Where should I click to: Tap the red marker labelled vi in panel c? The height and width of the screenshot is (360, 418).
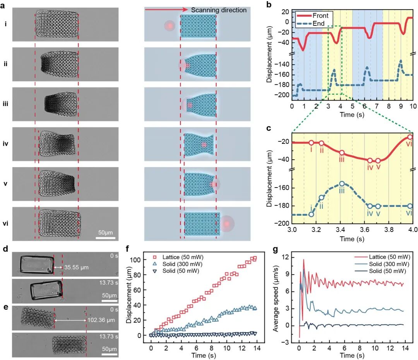point(410,137)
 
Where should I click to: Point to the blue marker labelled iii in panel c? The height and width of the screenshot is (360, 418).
point(342,184)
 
